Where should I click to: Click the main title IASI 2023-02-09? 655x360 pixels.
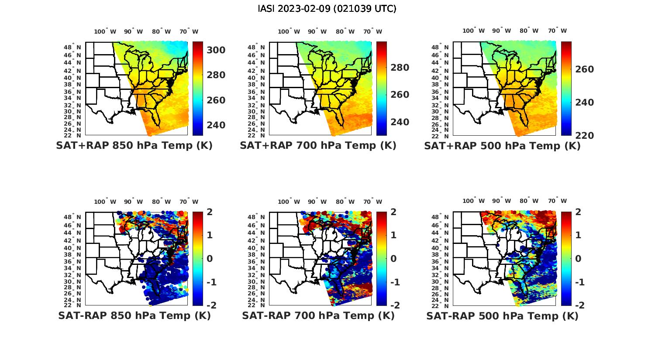327,9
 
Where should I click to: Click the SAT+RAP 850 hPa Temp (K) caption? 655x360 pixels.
134,146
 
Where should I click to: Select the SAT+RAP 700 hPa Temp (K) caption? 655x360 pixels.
318,146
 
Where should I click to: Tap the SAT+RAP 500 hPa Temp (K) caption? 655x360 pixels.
502,146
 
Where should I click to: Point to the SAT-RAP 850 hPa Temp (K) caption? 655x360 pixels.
134,316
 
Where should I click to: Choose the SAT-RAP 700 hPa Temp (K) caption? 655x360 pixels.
318,316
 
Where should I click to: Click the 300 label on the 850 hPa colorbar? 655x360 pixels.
216,50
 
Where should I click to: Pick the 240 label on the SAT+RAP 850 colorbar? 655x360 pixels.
216,125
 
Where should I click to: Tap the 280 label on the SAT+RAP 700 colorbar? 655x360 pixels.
400,68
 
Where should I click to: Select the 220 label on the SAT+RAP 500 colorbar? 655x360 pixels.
584,136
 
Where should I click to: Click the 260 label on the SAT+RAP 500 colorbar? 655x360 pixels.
584,69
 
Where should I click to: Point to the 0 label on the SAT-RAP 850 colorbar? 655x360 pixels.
209,259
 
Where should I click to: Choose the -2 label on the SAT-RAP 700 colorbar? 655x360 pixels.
394,305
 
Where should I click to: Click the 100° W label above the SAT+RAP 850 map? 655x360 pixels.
105,31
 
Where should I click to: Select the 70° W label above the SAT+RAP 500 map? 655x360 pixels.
558,31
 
